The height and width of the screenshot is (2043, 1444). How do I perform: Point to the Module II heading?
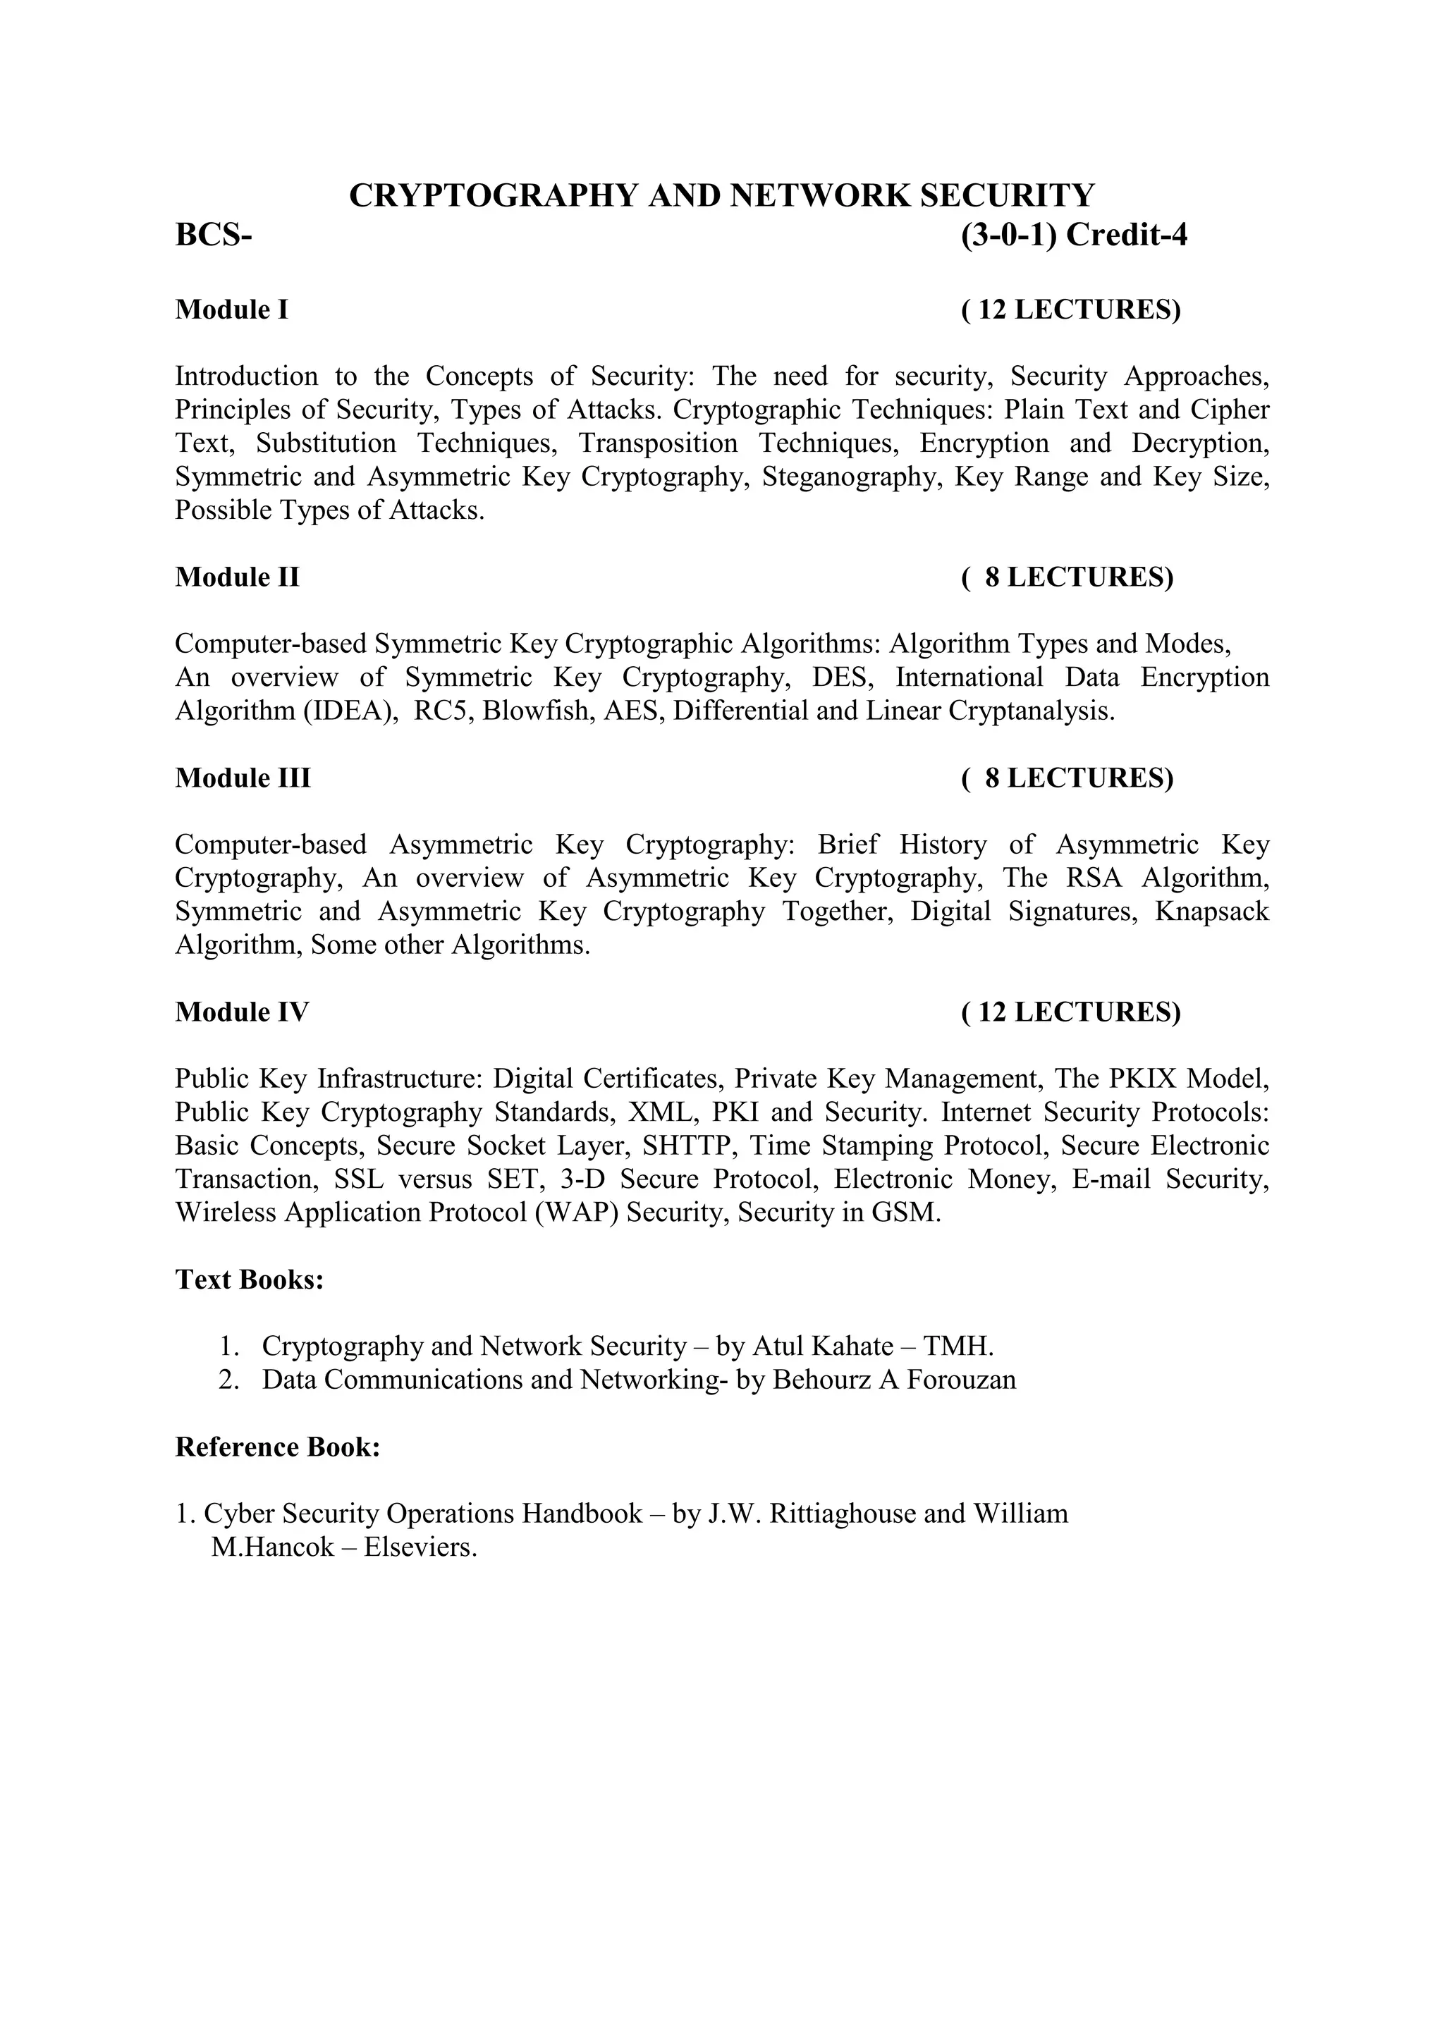coord(237,577)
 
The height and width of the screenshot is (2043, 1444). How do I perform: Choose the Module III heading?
coord(243,778)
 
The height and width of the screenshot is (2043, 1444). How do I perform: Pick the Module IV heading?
coord(242,1012)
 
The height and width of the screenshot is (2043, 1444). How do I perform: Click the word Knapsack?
coord(1212,911)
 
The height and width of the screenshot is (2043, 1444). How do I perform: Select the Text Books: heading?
coord(249,1280)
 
